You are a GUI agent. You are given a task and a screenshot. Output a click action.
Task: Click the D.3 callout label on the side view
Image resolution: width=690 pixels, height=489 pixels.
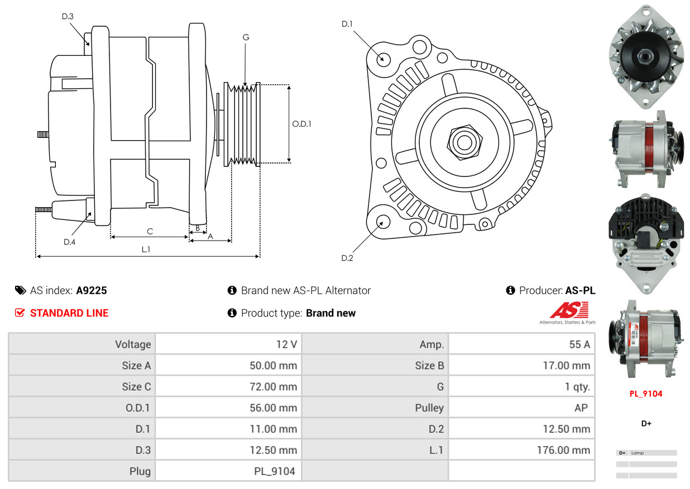click(x=68, y=16)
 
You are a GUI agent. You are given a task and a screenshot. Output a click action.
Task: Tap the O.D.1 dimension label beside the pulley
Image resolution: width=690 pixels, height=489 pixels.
click(x=301, y=124)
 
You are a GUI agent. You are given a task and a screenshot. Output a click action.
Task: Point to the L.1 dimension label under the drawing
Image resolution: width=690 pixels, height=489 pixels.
click(x=146, y=250)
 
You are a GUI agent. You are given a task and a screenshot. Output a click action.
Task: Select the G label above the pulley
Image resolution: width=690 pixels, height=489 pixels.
click(x=246, y=37)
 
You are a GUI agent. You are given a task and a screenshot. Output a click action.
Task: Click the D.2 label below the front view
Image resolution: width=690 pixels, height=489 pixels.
click(x=347, y=258)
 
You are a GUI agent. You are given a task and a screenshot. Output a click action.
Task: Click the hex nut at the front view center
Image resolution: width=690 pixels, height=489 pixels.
click(x=463, y=141)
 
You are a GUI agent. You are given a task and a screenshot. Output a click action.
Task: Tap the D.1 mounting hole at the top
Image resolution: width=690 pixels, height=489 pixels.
click(x=383, y=58)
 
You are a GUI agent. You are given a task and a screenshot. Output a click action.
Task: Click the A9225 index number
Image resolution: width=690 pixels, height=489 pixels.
click(x=92, y=290)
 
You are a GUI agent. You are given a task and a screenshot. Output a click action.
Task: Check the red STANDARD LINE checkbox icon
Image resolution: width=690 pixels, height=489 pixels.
click(x=20, y=313)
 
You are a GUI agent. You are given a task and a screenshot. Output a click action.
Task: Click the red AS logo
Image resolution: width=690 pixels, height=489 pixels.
click(x=569, y=310)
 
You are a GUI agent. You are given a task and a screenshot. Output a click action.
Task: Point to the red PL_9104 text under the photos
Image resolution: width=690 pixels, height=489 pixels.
click(x=646, y=394)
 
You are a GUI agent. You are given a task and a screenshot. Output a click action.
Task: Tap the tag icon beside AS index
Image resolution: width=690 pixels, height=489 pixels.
click(x=21, y=290)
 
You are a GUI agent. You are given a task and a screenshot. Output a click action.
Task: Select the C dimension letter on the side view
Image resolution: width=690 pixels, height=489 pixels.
click(x=150, y=231)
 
